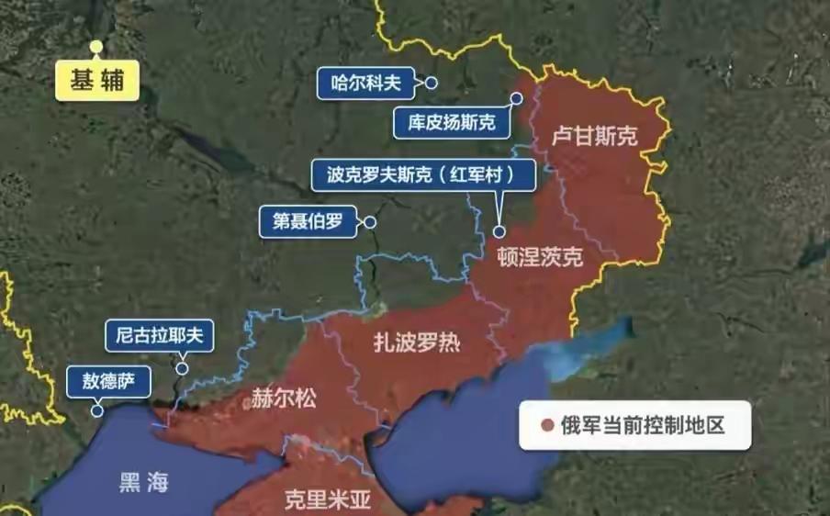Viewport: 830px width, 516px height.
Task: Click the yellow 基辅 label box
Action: pyautogui.click(x=96, y=81)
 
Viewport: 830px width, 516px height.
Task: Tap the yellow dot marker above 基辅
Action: pyautogui.click(x=96, y=46)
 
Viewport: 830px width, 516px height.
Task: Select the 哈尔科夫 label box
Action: pyautogui.click(x=365, y=84)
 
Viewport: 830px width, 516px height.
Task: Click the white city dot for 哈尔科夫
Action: pyautogui.click(x=432, y=84)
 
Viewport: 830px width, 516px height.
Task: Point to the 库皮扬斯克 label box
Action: pyautogui.click(x=452, y=122)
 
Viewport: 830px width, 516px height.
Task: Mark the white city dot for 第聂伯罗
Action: pyautogui.click(x=370, y=221)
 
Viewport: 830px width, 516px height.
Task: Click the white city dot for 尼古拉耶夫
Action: pyautogui.click(x=183, y=368)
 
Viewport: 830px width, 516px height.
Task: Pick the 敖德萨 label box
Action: pyautogui.click(x=108, y=382)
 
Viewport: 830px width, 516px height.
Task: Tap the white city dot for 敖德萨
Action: pyautogui.click(x=96, y=412)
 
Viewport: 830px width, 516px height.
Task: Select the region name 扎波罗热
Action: pyautogui.click(x=416, y=343)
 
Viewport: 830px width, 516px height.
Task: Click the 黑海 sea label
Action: pyautogui.click(x=143, y=483)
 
